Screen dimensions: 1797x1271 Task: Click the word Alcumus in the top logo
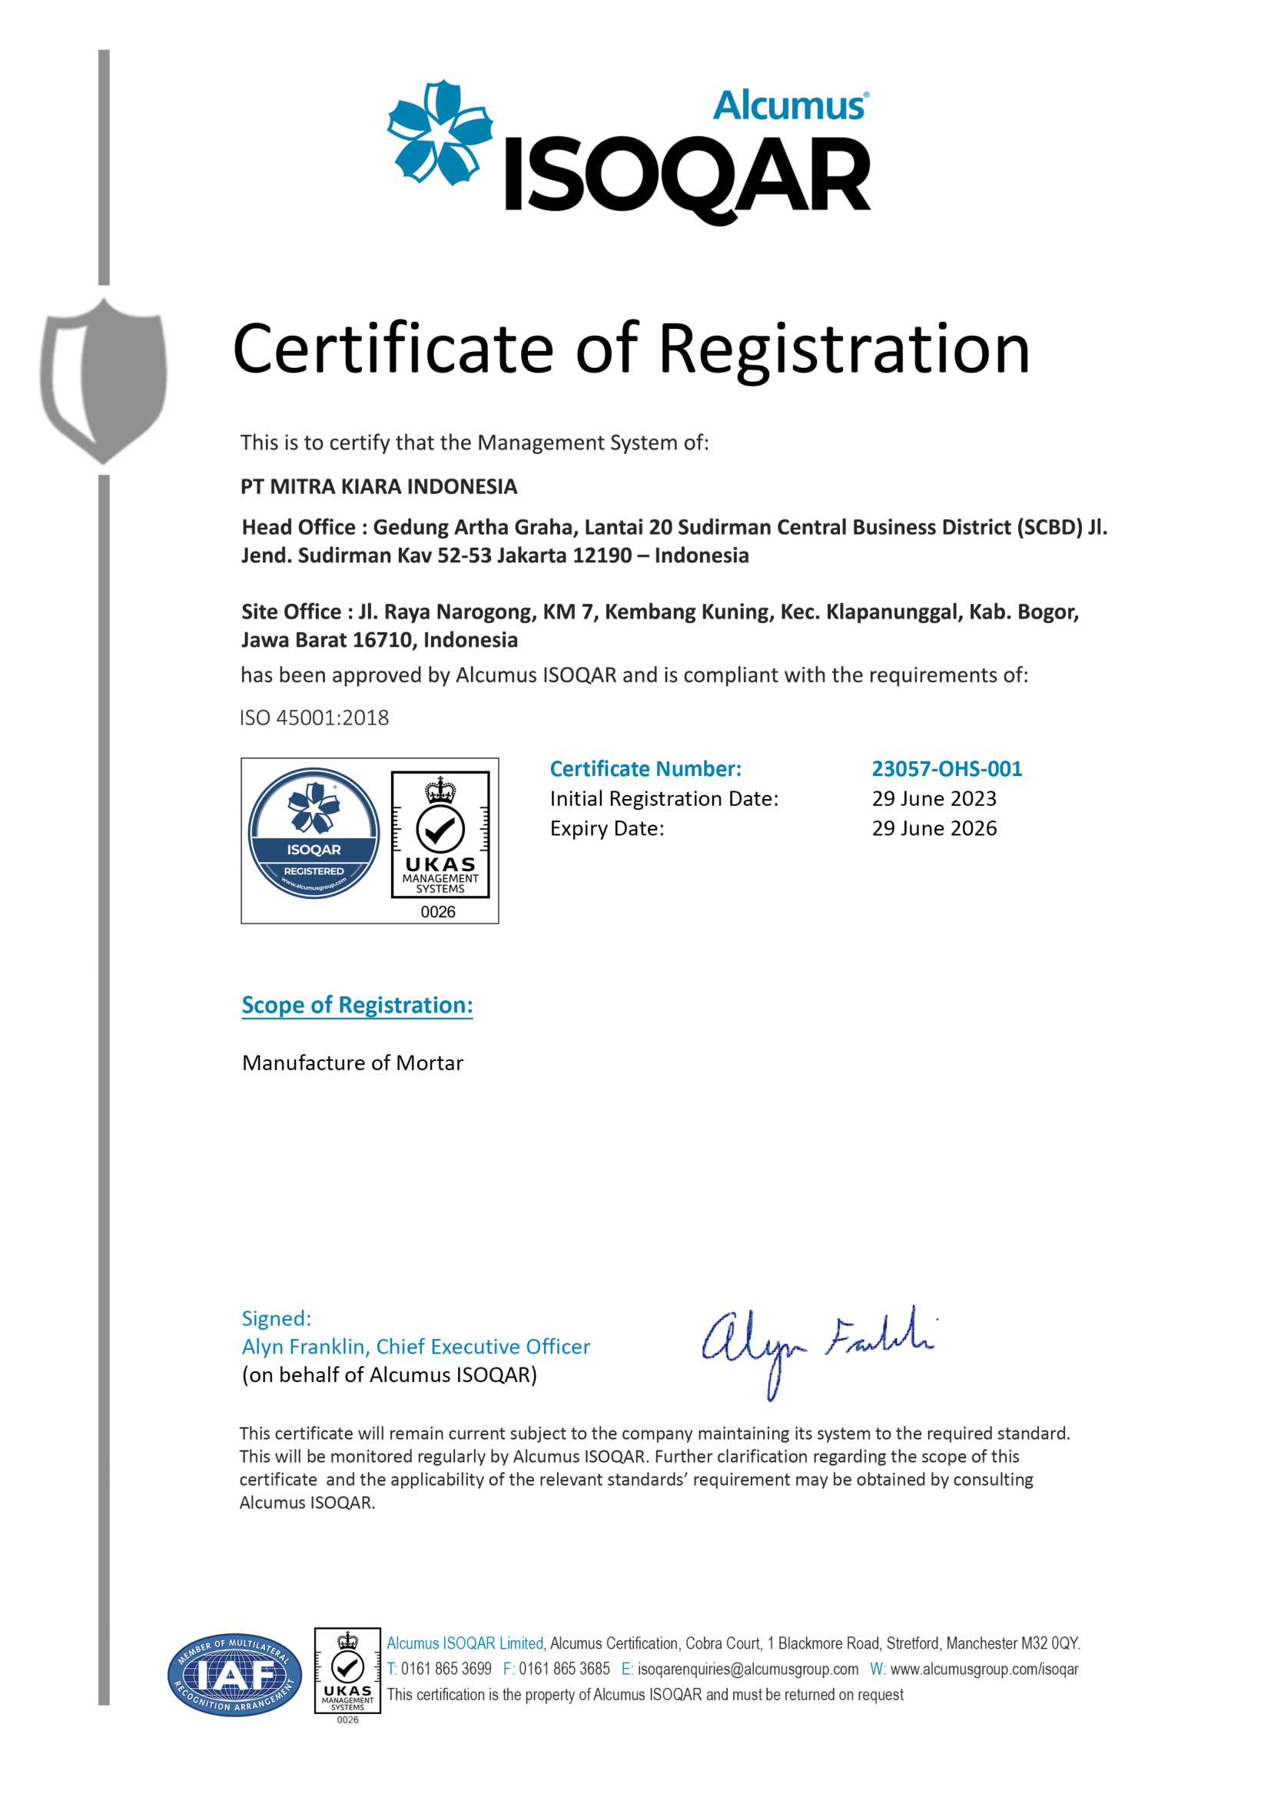790,106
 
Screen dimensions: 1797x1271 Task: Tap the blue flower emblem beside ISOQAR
440,131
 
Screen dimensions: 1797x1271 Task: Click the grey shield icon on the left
103,380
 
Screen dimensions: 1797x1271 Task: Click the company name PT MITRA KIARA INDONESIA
379,487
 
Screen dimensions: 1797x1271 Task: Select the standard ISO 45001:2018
314,718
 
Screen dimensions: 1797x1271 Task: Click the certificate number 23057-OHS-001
947,769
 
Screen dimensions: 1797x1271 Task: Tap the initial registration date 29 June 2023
934,799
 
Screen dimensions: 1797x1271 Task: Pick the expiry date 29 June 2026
934,829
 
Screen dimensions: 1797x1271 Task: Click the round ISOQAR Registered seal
314,833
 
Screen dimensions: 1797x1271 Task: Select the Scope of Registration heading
357,1005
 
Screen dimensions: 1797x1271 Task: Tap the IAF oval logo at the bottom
235,1675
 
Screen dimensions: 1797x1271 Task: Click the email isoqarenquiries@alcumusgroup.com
748,1669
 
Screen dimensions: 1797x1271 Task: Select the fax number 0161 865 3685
563,1669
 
